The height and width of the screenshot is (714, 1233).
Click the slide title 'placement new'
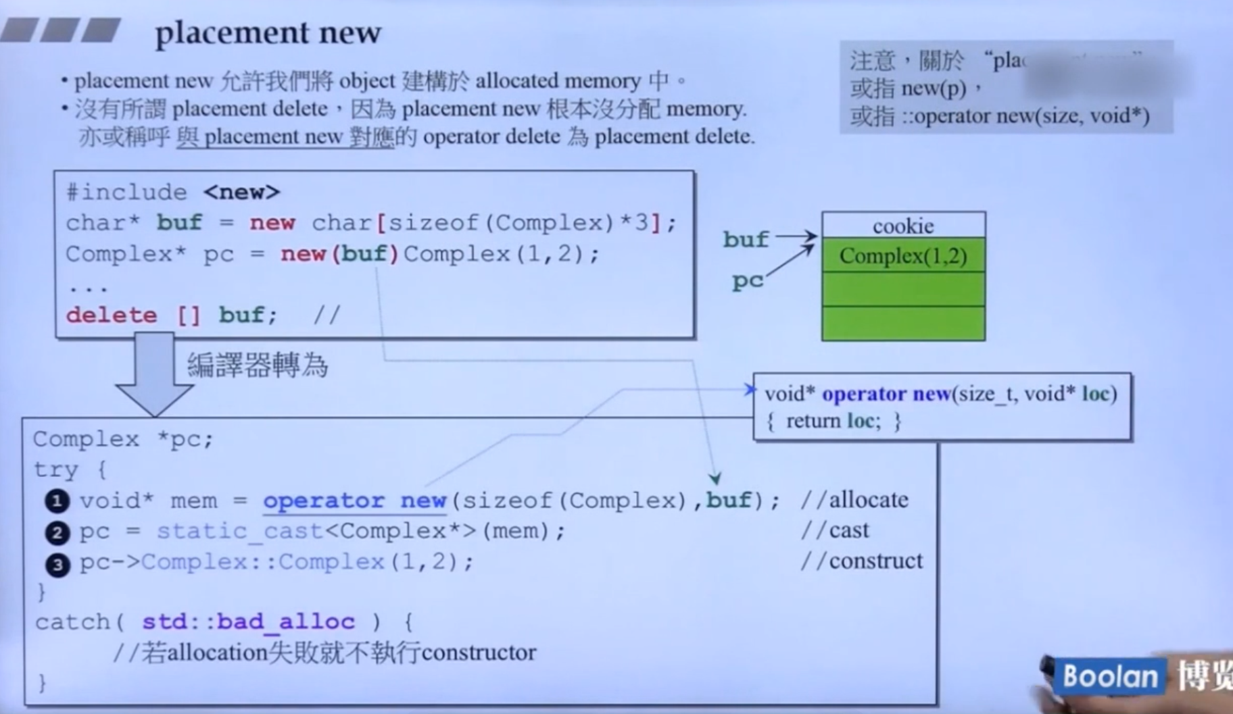click(x=268, y=32)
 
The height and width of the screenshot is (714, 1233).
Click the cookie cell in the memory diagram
click(x=903, y=226)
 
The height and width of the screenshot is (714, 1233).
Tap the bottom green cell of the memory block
click(x=903, y=324)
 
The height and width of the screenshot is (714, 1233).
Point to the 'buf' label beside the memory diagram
click(x=746, y=240)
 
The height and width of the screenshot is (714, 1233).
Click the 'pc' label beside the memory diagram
click(x=747, y=281)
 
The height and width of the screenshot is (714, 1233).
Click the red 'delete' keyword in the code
click(x=112, y=315)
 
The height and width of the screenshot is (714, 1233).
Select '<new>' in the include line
click(x=241, y=193)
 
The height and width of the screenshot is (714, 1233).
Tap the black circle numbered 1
click(x=57, y=501)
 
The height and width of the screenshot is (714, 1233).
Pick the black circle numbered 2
click(x=57, y=533)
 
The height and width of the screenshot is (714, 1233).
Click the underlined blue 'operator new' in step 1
click(x=354, y=501)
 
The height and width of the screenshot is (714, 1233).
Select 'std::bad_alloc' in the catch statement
click(x=248, y=621)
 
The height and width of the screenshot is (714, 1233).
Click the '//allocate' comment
click(x=854, y=500)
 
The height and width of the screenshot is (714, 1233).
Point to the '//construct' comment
click(x=861, y=561)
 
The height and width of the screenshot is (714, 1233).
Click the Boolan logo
click(x=1110, y=676)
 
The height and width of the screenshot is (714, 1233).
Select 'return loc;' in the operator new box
click(x=833, y=422)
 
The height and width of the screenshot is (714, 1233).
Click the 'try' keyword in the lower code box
click(x=56, y=469)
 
